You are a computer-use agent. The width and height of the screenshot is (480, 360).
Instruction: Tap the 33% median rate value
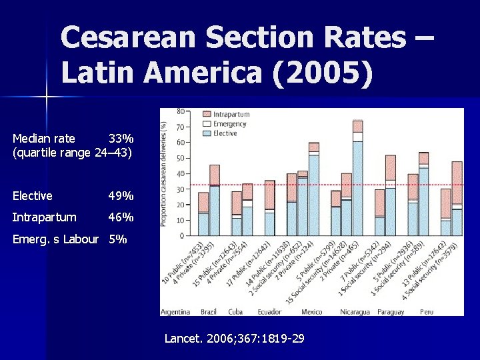pos(121,139)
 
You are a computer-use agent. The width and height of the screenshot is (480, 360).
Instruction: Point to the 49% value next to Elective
pos(121,196)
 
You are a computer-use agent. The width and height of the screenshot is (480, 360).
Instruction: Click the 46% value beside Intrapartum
pos(121,217)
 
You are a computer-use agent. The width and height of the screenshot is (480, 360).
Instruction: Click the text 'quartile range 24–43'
pos(73,153)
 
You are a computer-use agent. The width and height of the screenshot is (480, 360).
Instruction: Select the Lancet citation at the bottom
pos(234,339)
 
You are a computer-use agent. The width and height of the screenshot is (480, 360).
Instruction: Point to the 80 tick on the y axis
pos(181,111)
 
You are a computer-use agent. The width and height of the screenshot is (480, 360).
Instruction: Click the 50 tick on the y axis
pos(181,158)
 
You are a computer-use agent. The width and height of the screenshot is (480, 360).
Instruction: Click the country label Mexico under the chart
pos(311,312)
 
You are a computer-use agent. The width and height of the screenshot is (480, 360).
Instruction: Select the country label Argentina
pos(175,312)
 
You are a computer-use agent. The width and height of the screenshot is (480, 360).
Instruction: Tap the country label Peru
pos(427,312)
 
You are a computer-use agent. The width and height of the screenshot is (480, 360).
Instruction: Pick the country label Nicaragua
pos(353,312)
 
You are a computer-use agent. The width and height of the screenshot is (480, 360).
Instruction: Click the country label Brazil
pos(209,312)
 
